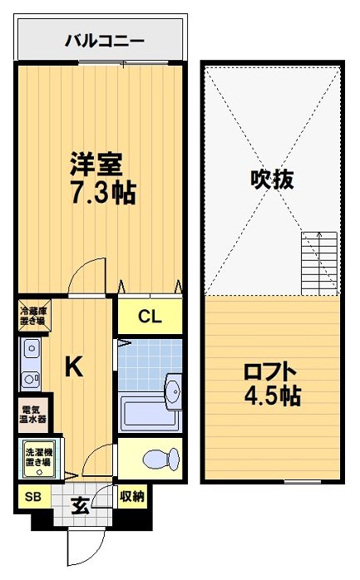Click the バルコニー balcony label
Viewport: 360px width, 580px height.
pos(105,40)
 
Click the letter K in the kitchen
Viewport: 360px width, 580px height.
pos(73,366)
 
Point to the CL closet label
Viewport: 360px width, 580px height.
pos(149,316)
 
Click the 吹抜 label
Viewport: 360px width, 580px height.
pos(273,179)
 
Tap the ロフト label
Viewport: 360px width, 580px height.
pos(270,371)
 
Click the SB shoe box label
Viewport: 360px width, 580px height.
pos(32,497)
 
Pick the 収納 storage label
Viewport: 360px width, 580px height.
pos(131,497)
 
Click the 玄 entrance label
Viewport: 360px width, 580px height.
pos(80,504)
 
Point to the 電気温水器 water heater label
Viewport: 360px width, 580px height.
pos(34,413)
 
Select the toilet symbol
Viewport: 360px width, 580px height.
pos(156,459)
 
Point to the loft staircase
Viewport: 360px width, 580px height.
pos(319,263)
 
